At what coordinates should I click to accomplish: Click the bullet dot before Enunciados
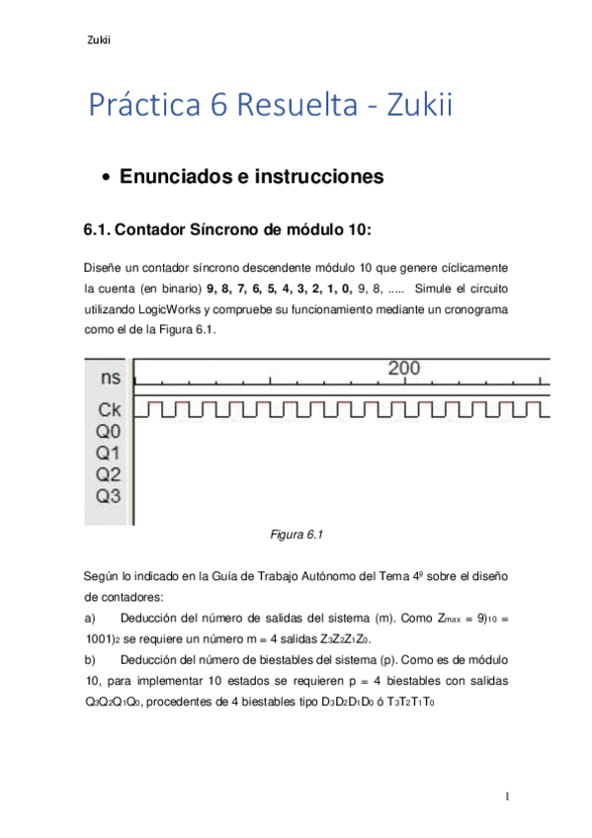[x=107, y=179]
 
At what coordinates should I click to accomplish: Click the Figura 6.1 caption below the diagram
[x=296, y=535]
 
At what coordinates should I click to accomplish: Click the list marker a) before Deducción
[x=91, y=618]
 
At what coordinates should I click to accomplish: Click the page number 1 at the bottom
[x=505, y=796]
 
